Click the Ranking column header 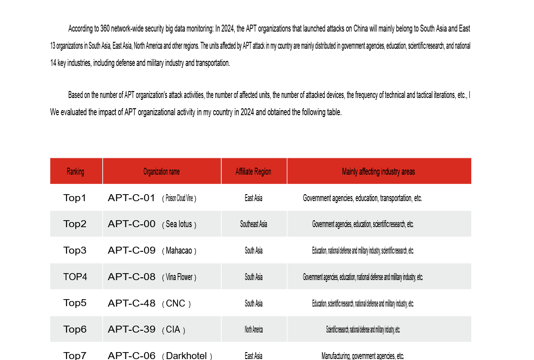coord(75,171)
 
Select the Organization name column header coord(161,171)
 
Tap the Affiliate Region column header coord(253,171)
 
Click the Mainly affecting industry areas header coord(378,171)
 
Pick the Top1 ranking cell coord(75,198)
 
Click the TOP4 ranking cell coord(75,277)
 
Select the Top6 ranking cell coord(75,329)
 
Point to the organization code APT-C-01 coord(132,198)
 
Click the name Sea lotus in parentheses coord(179,224)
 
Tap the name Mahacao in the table coord(179,251)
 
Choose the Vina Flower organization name coord(179,277)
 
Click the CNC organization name coord(176,304)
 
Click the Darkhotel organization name coord(186,356)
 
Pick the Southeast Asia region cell coord(253,224)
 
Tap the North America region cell coord(253,330)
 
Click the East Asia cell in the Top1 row coord(253,198)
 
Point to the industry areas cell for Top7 coord(363,356)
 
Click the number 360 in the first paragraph coord(105,29)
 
